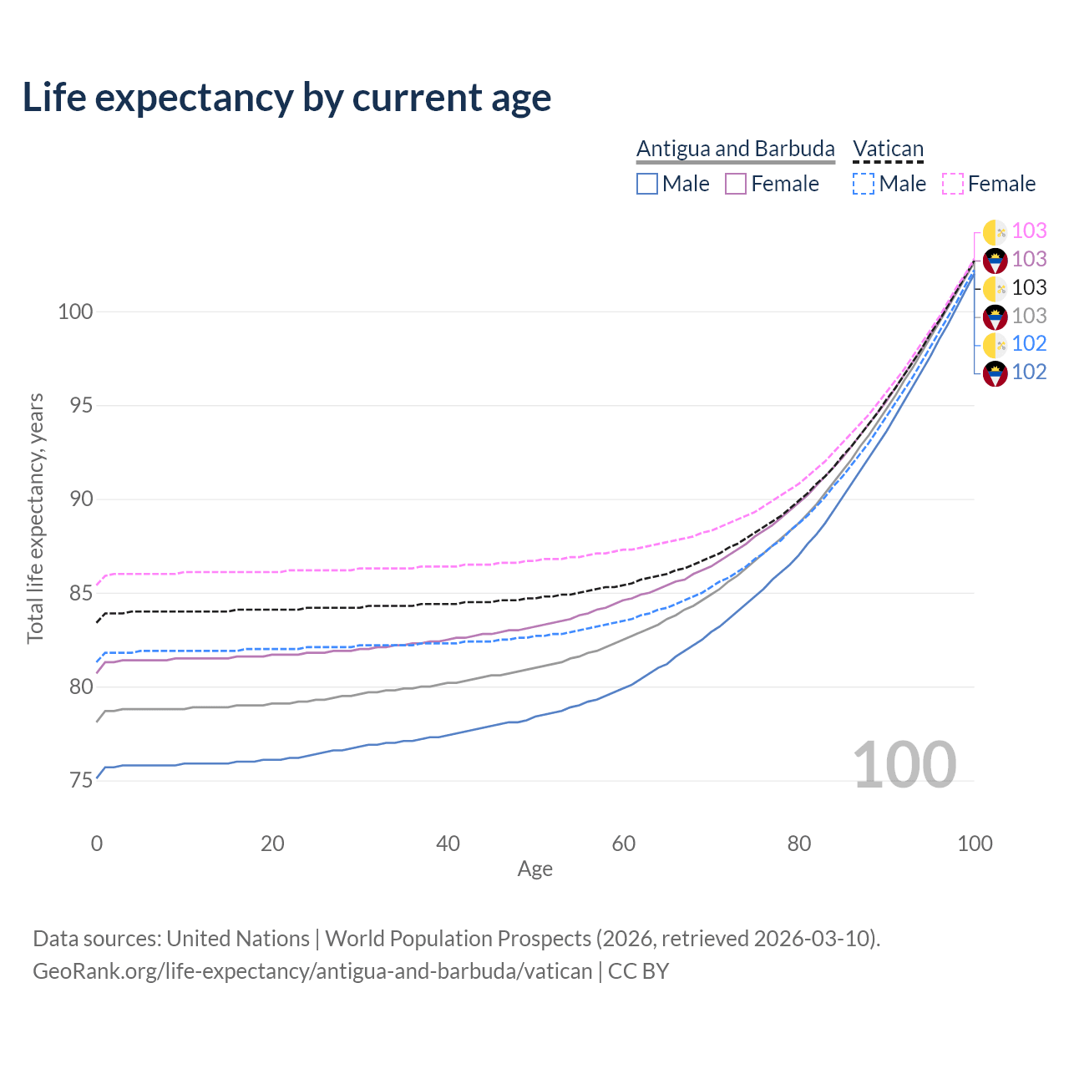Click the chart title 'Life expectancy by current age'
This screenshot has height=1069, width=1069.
point(286,98)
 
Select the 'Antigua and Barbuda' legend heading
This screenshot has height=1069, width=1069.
point(735,149)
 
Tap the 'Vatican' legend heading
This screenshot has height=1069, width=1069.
point(888,149)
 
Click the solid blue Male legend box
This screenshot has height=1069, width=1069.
point(647,184)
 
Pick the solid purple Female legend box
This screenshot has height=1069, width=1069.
point(736,184)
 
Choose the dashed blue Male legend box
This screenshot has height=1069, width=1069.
point(864,184)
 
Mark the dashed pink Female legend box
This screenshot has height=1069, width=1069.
point(953,184)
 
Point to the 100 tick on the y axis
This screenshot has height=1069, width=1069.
point(75,312)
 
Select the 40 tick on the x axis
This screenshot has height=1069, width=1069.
point(448,844)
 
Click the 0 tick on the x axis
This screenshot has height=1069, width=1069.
point(97,844)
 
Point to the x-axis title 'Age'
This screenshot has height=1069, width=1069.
point(534,869)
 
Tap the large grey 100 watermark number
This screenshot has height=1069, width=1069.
point(904,765)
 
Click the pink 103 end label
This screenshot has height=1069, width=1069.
point(1029,231)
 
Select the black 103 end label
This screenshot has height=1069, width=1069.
point(1029,288)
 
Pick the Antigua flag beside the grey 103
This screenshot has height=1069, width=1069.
point(995,317)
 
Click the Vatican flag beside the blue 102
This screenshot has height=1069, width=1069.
point(995,345)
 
